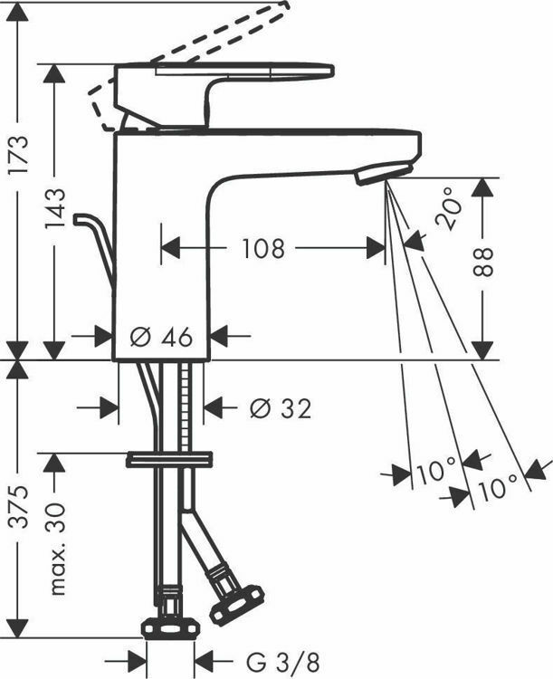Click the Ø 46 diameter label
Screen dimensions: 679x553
point(162,337)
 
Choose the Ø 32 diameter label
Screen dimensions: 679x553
point(281,409)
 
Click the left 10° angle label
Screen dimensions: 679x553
point(436,471)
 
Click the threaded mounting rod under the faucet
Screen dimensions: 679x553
point(187,407)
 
